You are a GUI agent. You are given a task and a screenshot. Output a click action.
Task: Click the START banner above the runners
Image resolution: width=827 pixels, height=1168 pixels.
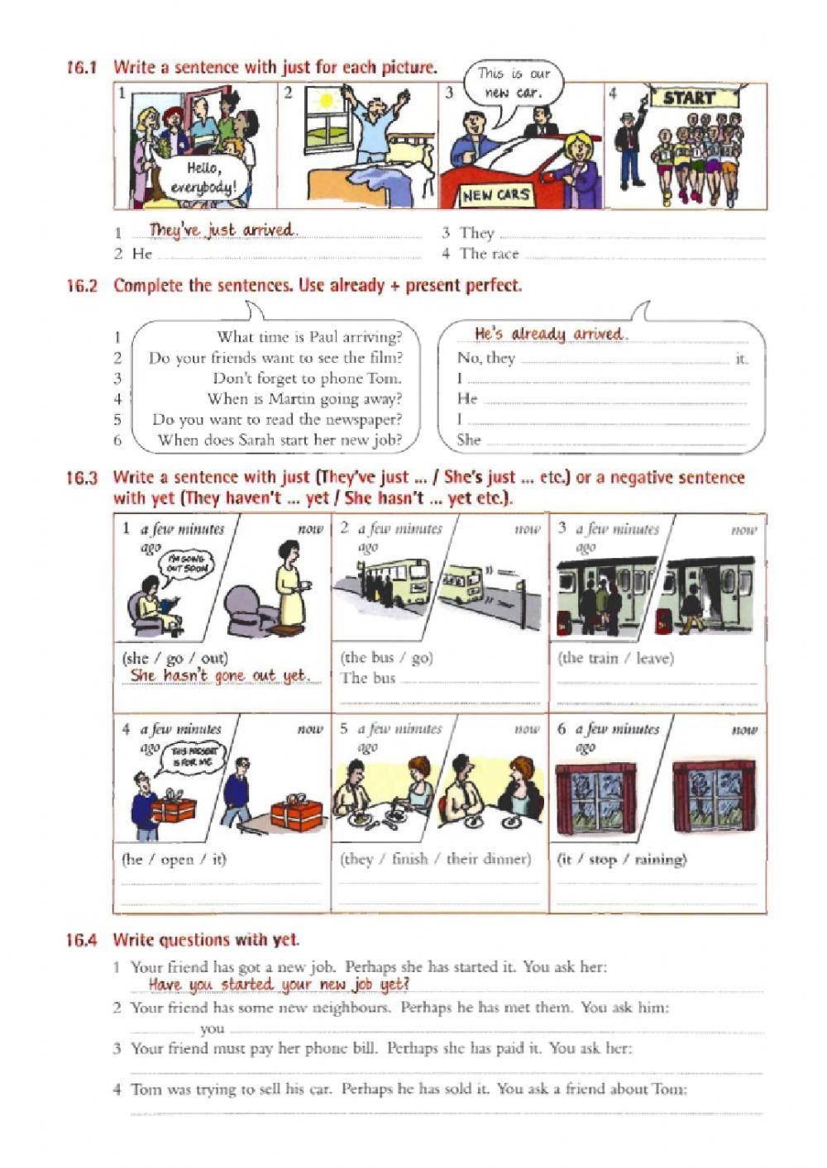688,98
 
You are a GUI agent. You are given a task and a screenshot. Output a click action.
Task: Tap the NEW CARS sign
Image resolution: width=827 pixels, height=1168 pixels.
496,195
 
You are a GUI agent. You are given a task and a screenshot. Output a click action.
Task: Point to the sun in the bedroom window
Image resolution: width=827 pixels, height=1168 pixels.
326,101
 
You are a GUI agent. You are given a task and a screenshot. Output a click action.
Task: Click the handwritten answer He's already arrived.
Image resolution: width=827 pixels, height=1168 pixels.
551,334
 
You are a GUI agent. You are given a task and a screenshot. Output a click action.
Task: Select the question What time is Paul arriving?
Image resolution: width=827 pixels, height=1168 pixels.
309,337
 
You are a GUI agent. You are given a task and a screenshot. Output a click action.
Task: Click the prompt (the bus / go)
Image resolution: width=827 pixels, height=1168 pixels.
386,658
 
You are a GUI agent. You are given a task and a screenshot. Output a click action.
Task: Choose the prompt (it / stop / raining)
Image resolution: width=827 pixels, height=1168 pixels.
622,859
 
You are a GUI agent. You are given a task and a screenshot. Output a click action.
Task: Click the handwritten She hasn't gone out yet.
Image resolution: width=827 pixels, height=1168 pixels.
219,676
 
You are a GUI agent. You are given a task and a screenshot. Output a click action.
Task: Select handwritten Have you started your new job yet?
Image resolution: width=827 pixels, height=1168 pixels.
279,984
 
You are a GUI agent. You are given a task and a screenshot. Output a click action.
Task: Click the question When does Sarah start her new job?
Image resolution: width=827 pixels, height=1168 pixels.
280,440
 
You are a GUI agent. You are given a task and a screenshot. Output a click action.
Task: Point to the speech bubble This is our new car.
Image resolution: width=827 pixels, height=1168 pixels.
513,83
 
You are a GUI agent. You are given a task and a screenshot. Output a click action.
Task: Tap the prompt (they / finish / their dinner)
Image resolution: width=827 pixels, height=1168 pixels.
435,859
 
